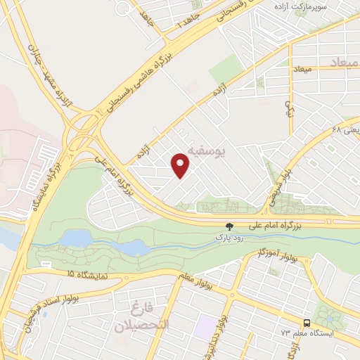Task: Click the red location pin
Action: click(x=181, y=165)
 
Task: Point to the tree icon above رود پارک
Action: click(x=228, y=226)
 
